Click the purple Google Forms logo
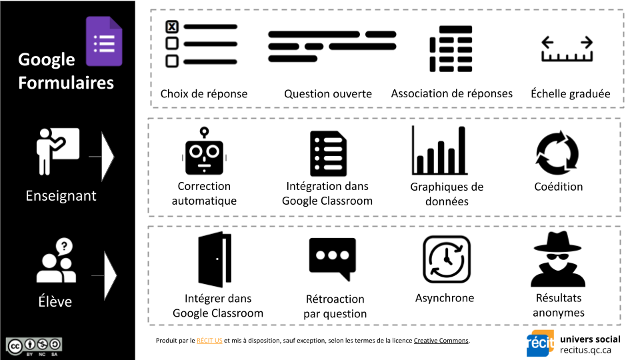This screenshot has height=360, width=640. (104, 41)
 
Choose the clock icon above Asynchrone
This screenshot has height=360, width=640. (446, 259)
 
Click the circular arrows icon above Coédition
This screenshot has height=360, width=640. (558, 152)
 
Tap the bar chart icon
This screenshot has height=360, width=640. (439, 151)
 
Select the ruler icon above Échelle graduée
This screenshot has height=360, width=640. (567, 50)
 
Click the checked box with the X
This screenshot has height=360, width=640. (171, 27)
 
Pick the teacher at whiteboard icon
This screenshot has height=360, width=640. (57, 151)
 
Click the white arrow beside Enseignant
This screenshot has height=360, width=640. (107, 157)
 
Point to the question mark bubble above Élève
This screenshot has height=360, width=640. (64, 247)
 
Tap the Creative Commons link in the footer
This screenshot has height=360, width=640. (441, 341)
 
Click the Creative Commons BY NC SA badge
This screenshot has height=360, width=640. (35, 346)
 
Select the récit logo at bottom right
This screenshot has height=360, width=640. (540, 343)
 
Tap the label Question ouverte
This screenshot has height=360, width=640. (328, 94)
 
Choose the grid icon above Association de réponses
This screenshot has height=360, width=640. (451, 49)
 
